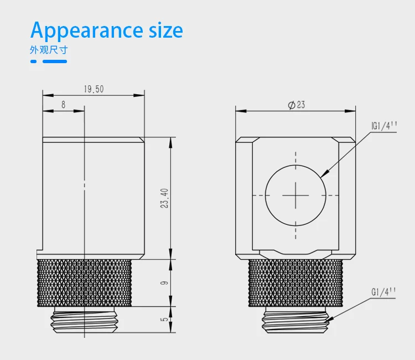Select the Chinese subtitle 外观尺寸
coord(49,50)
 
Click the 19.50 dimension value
coord(94,89)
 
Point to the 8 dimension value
coord(63,105)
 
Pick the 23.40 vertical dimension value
coord(164,198)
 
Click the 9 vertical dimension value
coord(164,283)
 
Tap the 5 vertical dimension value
coord(164,319)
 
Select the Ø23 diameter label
coord(297,105)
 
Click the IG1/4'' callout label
coord(385,126)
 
